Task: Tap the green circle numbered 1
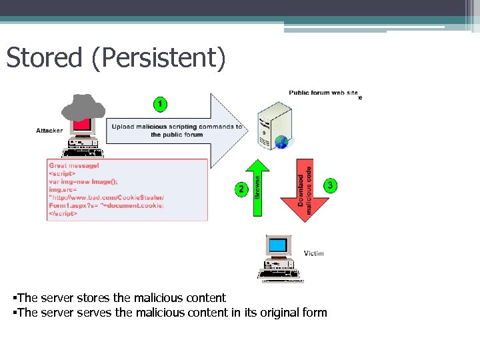coord(160,104)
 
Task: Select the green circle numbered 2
coord(241,189)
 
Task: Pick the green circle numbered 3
coord(330,184)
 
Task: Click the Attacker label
coord(50,131)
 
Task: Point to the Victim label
coord(314,253)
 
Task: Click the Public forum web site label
coord(323,93)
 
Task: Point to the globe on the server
coord(282,142)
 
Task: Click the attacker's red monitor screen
coord(83,125)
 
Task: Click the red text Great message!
coord(74,165)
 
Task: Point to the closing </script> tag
coord(64,213)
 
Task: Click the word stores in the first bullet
coord(83,298)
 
